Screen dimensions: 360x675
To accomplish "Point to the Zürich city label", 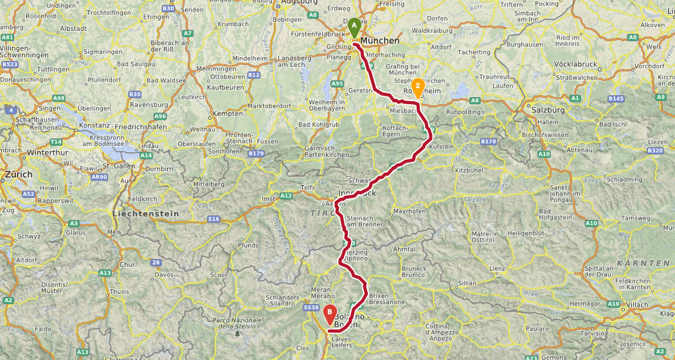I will pos(18,174).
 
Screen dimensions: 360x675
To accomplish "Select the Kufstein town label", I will pos(442,147).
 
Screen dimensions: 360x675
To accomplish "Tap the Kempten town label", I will pos(230,113).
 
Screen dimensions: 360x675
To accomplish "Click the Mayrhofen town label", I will pos(410,211).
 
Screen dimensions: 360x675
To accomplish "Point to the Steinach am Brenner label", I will pos(364,221).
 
